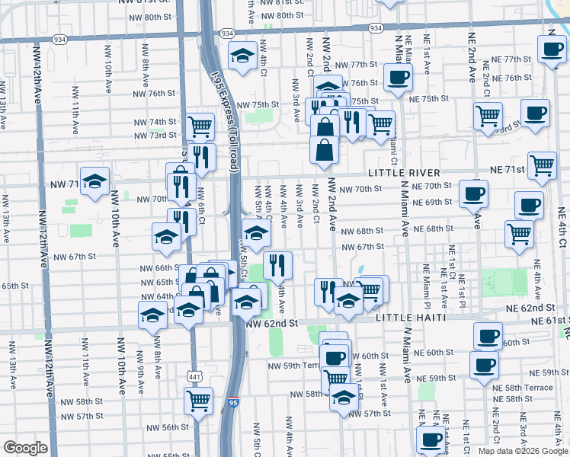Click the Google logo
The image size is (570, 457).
click(x=25, y=448)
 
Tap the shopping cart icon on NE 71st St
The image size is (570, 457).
click(x=542, y=165)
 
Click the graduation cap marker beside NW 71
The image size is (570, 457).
click(x=95, y=181)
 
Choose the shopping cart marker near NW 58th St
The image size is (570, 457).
click(x=198, y=399)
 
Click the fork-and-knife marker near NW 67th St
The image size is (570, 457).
click(x=277, y=265)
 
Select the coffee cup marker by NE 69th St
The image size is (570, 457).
click(x=474, y=194)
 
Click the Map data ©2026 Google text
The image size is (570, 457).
click(x=522, y=451)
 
